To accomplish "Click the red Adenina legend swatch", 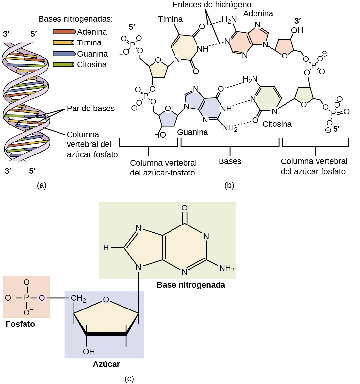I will [x=64, y=32].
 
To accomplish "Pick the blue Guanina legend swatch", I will [x=64, y=54].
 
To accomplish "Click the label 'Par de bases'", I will [x=91, y=109].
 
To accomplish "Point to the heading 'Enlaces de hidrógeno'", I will [x=212, y=5].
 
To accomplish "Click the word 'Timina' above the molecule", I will [x=171, y=19].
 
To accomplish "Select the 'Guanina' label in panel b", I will [x=192, y=132].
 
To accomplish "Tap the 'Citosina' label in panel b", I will [x=277, y=124].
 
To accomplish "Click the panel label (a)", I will [x=42, y=185].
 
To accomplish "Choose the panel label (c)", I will [x=129, y=378].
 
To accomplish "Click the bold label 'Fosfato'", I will [x=20, y=324].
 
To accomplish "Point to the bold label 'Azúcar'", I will [x=106, y=364].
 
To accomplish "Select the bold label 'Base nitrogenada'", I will [x=191, y=285].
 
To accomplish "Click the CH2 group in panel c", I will [x=78, y=298].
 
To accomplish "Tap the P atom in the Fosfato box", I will [x=26, y=298].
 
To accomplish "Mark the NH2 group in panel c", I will [x=227, y=269].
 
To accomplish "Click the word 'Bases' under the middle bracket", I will [x=230, y=161].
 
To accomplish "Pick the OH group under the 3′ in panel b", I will [x=297, y=30].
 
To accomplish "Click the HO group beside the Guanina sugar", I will [x=160, y=135].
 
